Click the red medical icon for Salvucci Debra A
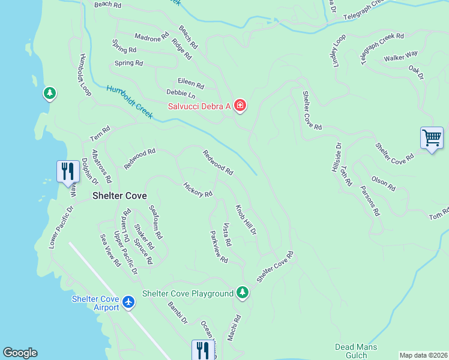[x=240, y=106]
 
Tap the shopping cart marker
[x=432, y=138]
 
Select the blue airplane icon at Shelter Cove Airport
[x=128, y=302]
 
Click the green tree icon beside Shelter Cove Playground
[x=242, y=292]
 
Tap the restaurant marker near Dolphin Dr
[x=67, y=171]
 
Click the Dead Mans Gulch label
[x=356, y=351]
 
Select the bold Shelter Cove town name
[x=119, y=196]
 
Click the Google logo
[x=20, y=353]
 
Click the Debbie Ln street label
[x=181, y=95]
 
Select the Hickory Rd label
[x=197, y=190]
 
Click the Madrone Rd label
[x=152, y=37]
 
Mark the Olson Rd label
[x=383, y=184]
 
